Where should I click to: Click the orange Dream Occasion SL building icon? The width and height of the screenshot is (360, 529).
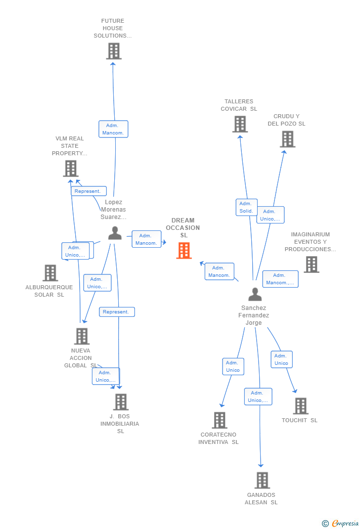click(184, 251)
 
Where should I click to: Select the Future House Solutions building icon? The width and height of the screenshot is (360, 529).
click(114, 51)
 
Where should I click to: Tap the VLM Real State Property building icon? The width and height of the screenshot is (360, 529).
click(71, 169)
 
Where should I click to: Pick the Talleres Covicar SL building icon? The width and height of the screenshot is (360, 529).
click(240, 124)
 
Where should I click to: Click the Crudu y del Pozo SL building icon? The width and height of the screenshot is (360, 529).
click(287, 139)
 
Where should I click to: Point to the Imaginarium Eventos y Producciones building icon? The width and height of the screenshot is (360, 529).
click(311, 264)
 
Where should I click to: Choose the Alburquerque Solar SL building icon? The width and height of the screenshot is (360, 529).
click(50, 273)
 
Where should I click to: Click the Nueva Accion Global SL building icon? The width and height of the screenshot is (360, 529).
click(82, 336)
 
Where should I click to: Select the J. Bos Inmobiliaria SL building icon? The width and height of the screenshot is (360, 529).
click(121, 402)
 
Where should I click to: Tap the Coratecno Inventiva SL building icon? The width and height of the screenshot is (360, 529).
click(220, 420)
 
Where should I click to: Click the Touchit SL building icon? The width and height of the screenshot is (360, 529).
click(300, 406)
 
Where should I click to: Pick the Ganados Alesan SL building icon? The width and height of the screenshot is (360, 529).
click(262, 480)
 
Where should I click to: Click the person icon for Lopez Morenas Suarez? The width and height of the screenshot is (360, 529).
click(115, 233)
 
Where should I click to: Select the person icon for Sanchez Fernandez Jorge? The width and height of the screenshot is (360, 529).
click(255, 294)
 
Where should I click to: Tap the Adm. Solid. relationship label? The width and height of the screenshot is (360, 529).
click(246, 207)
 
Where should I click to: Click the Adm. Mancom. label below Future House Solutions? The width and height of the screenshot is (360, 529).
click(113, 129)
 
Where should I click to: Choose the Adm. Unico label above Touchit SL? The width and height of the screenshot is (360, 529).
click(281, 359)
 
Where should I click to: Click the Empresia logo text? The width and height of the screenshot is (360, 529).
click(345, 523)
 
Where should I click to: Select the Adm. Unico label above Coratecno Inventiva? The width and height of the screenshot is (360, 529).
click(232, 366)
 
